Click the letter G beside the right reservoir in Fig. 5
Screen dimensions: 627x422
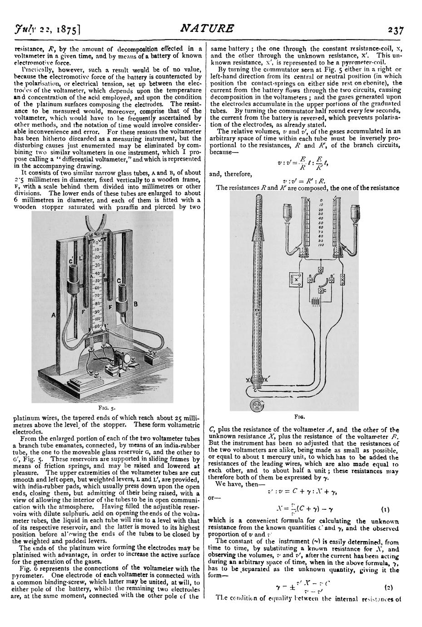119,281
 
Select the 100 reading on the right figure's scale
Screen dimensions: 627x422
321,245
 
